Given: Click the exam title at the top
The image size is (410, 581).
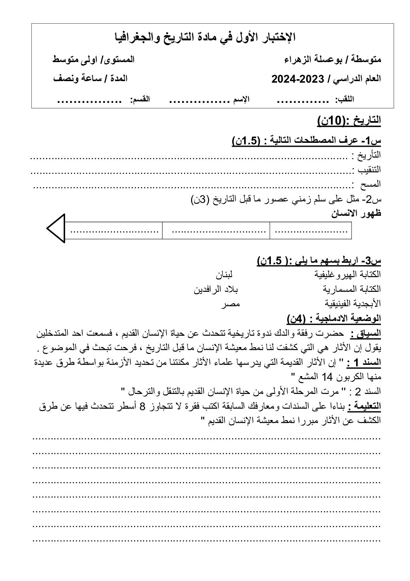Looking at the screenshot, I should tap(206, 37).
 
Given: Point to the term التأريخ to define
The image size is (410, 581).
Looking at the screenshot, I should tap(366, 155).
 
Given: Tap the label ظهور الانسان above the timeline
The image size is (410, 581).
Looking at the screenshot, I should tap(357, 213).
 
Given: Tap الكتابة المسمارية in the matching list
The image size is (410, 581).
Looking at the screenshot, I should tap(352, 289).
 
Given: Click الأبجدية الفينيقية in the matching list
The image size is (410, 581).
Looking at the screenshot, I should tap(353, 304).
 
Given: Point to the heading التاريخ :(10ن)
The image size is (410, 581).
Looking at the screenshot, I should tap(349, 121).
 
